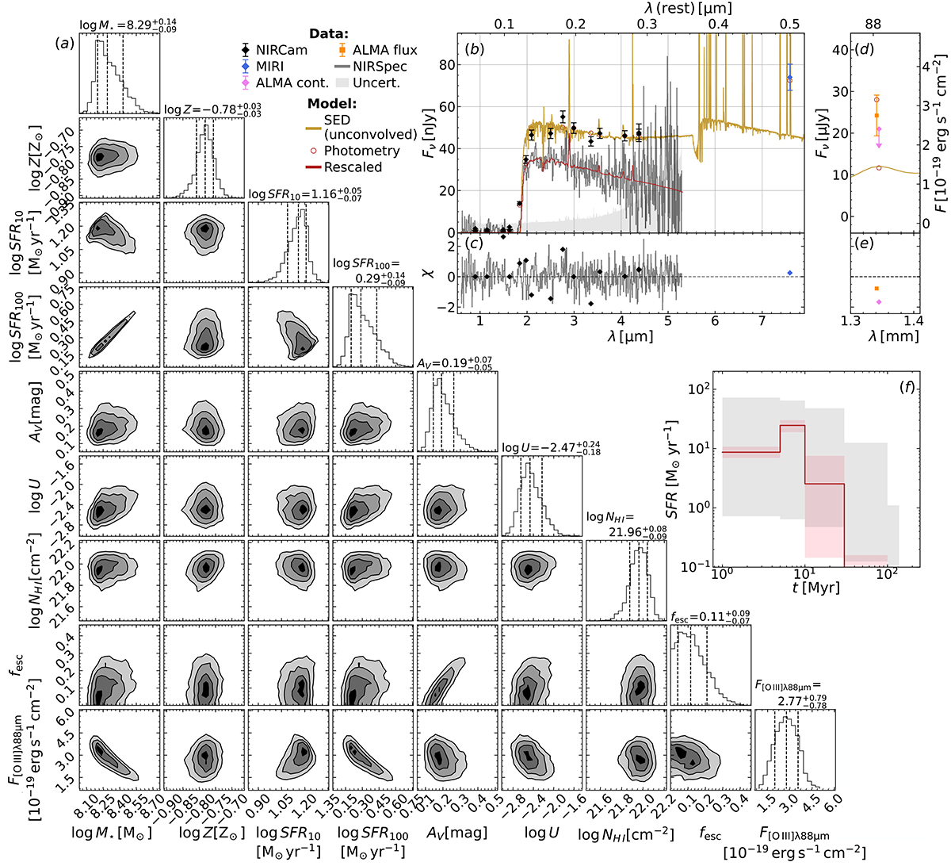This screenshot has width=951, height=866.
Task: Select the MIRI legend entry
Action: pos(269,67)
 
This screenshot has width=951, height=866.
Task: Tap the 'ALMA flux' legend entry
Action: pos(384,50)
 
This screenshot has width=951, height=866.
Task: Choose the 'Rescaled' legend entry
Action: pos(353,167)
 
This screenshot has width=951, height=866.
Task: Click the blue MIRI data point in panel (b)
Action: pos(789,79)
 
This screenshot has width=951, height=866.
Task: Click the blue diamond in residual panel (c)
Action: pos(789,273)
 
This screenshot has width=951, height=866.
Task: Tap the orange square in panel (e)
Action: pos(877,289)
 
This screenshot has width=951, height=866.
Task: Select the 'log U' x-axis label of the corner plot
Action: pos(541,833)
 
